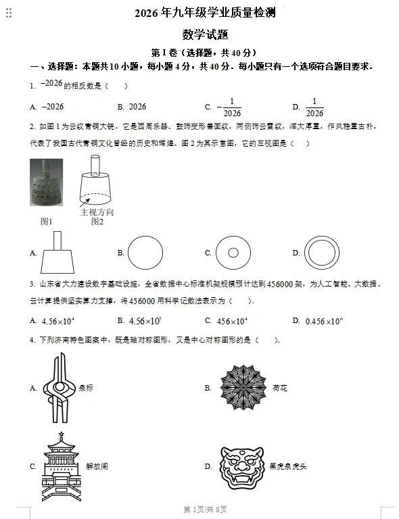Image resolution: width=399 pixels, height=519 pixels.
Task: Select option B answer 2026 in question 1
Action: (x=137, y=107)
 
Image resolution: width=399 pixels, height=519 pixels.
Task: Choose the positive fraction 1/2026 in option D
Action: (x=314, y=107)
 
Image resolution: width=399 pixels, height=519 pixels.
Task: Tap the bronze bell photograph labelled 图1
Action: (x=46, y=182)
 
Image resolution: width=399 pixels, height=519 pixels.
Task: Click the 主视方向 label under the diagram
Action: (x=97, y=212)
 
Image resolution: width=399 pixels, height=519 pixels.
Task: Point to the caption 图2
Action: (x=97, y=222)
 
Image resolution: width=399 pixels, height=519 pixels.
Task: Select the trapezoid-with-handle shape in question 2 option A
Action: (x=57, y=253)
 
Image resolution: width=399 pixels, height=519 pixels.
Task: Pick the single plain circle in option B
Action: (x=145, y=253)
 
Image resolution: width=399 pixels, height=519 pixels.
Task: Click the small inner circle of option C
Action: (x=233, y=253)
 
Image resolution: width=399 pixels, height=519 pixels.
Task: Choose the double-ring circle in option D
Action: (x=321, y=253)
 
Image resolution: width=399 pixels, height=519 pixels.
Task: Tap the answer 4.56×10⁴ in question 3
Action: (x=57, y=321)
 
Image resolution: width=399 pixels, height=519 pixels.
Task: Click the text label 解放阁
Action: (x=97, y=466)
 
